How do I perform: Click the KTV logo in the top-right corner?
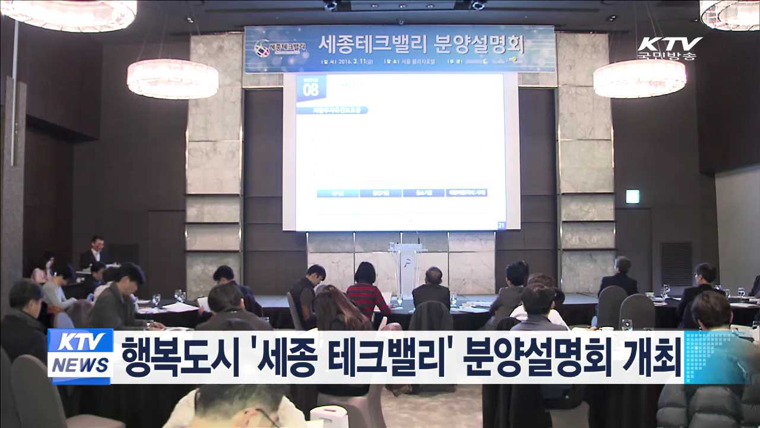(670, 44)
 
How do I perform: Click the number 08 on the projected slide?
(311, 90)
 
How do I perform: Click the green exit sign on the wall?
(633, 196)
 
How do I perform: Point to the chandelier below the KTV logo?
(640, 78)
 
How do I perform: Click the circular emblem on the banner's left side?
(262, 48)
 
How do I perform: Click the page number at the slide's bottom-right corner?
(501, 224)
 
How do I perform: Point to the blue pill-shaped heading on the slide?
(340, 110)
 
